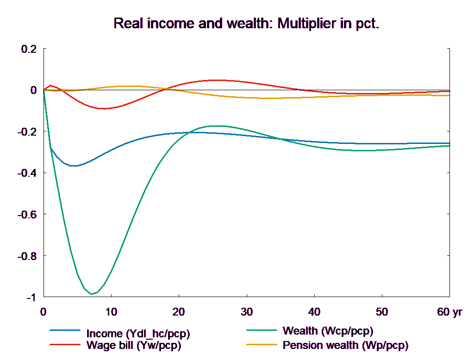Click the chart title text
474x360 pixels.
coord(246,24)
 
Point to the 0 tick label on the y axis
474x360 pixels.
coord(33,90)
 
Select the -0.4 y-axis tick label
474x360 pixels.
coord(26,173)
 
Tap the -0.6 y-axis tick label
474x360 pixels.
coord(26,215)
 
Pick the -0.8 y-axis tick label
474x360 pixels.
coord(26,256)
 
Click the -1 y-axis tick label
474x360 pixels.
coord(30,298)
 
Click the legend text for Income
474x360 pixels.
coord(138,334)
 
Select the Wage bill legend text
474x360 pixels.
coord(134,345)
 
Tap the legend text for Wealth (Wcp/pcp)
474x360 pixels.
coord(327,331)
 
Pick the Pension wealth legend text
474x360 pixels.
coord(345,345)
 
